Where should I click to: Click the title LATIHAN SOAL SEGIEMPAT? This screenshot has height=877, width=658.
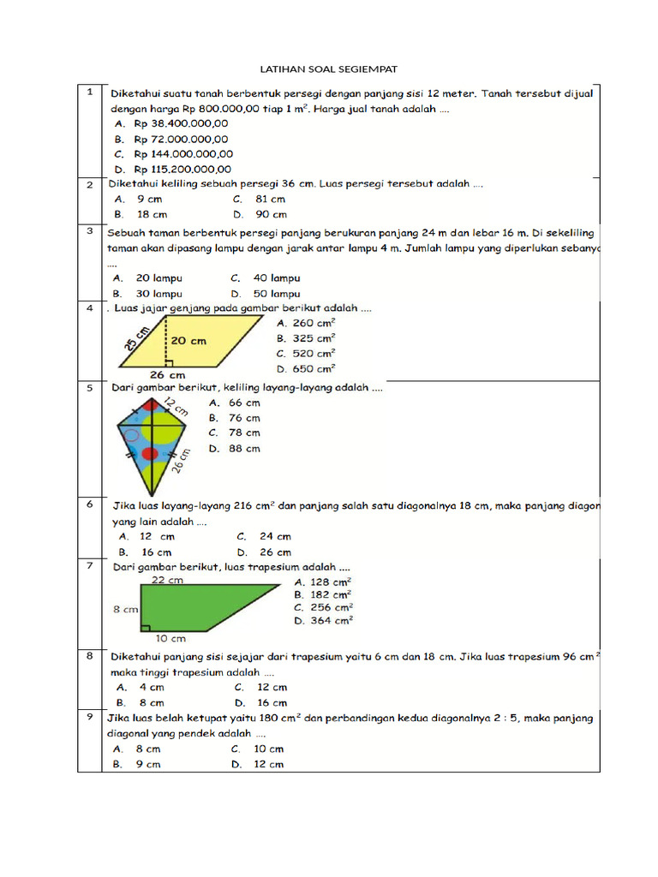point(329,69)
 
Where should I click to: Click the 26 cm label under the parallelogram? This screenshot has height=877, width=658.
point(168,375)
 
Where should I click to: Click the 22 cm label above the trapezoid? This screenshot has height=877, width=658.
point(168,580)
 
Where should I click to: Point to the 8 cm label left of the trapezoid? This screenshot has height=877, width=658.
point(125,610)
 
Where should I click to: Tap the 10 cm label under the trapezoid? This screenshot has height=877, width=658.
point(170,638)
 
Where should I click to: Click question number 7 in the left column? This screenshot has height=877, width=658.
point(89,566)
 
